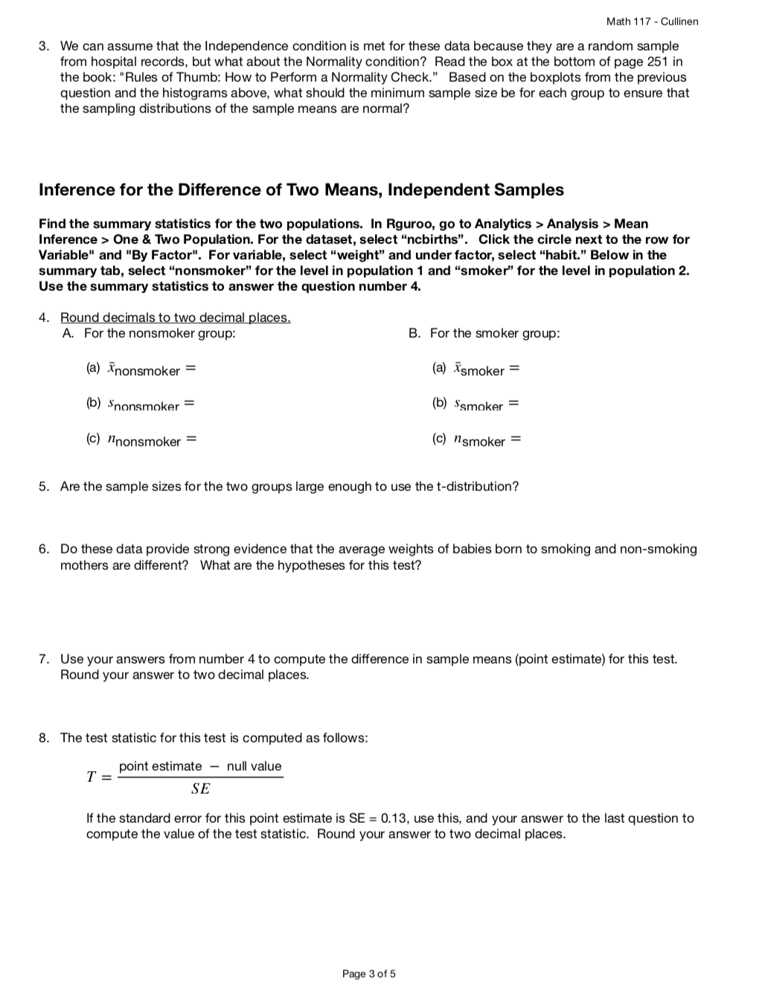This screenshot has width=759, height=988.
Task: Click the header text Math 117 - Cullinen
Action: pos(652,22)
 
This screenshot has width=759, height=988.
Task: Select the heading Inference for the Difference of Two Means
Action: pos(301,190)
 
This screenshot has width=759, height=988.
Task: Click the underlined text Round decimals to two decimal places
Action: pos(175,318)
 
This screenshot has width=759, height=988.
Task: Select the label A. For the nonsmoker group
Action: pos(150,333)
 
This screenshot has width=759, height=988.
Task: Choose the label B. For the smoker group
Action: pos(484,333)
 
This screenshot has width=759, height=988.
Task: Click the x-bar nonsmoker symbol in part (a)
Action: pos(144,370)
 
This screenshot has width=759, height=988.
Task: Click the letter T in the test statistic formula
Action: pos(91,777)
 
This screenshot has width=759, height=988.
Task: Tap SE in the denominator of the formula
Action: pos(200,789)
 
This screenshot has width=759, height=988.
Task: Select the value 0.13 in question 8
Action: pos(393,818)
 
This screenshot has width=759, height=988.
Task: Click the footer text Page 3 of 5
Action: pos(369,974)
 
